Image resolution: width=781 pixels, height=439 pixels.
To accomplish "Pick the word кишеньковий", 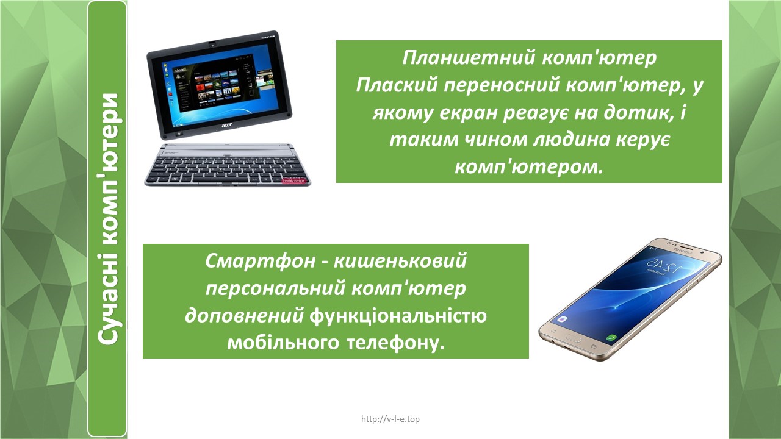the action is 400,260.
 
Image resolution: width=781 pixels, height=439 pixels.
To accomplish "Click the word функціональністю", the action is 398,316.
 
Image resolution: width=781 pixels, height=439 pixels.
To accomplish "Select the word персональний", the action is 276,289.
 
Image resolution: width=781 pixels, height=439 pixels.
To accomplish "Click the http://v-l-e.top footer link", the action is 390,419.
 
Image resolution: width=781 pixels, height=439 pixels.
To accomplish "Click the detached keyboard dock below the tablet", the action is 227,165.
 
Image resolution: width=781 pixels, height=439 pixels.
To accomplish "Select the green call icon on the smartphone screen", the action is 611,337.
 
